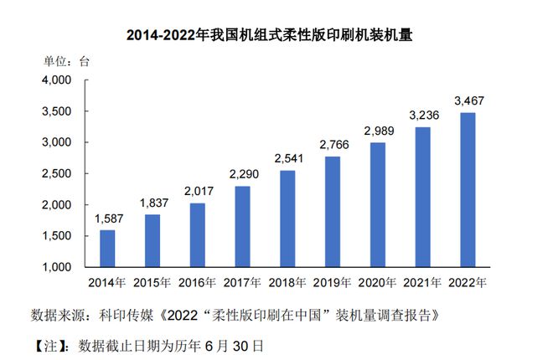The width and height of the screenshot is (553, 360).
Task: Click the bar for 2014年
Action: click(x=107, y=249)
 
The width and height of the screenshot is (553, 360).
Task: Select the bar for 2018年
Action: click(x=287, y=219)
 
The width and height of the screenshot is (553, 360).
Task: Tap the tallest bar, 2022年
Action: click(x=468, y=190)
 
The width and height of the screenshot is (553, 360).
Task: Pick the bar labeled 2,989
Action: click(x=378, y=204)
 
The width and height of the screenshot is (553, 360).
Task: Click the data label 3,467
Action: click(x=469, y=101)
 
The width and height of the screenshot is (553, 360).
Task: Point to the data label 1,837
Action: click(x=154, y=203)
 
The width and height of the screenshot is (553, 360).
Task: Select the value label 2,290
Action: click(x=244, y=174)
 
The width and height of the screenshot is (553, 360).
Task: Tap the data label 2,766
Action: click(x=334, y=145)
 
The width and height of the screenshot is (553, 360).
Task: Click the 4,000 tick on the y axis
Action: click(x=56, y=80)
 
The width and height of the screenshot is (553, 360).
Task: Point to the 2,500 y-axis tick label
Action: click(x=56, y=173)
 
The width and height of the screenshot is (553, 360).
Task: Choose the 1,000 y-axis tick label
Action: click(x=56, y=267)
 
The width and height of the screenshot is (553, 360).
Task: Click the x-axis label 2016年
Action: click(x=197, y=282)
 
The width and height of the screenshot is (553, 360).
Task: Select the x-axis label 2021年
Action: click(x=422, y=282)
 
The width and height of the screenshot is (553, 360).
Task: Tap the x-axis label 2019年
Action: click(x=332, y=282)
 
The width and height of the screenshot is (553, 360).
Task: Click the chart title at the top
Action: click(x=269, y=35)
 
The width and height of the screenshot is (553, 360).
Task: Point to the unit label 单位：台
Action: click(x=66, y=62)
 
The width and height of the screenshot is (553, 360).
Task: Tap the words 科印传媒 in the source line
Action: click(x=126, y=316)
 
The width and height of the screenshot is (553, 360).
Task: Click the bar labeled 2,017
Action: click(x=198, y=235)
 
